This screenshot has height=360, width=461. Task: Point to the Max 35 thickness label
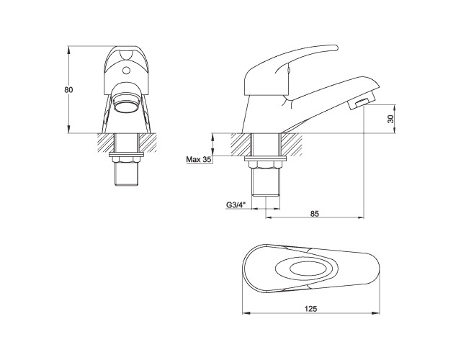(198, 159)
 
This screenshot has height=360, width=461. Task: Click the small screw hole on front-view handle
(128, 71)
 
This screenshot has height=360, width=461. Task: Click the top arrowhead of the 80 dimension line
(68, 49)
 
